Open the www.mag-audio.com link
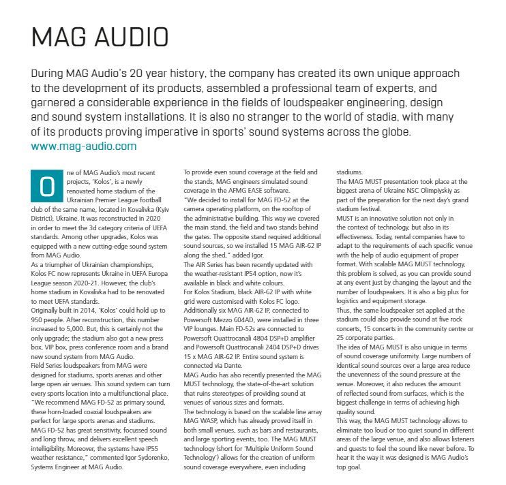[x=83, y=146]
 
